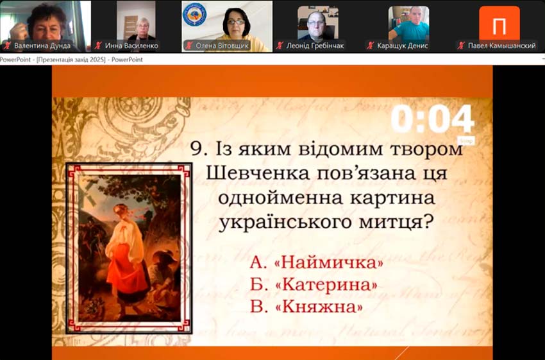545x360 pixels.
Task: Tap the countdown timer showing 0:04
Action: (x=432, y=121)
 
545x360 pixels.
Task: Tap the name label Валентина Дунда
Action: (x=44, y=46)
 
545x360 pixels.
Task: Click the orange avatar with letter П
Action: (x=499, y=26)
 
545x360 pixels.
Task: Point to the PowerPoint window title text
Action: (x=72, y=60)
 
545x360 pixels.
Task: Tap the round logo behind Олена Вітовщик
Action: (x=194, y=15)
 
